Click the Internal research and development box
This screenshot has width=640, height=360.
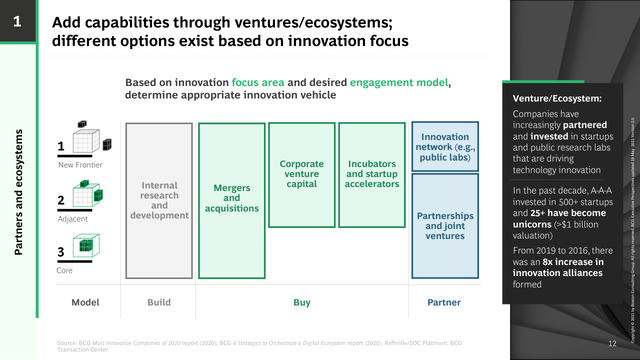159,200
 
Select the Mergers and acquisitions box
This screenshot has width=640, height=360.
231,200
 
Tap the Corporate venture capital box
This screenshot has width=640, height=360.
301,175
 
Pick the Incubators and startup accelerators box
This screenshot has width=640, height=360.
371,175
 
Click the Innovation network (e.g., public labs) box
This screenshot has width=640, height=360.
445,146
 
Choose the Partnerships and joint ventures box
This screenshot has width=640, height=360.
445,225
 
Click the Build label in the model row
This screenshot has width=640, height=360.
159,302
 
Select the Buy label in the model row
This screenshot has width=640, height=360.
301,302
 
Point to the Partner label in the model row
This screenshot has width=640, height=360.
444,302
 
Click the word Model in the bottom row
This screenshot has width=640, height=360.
85,302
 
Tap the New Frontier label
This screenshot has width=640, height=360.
80,165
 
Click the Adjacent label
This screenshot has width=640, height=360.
72,219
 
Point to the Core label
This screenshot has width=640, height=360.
64,270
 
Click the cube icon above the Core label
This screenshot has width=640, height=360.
86,245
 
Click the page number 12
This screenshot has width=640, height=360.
612,343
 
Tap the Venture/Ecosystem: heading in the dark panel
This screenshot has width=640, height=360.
557,98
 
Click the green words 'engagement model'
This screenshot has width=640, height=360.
399,82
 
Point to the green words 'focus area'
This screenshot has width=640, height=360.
258,82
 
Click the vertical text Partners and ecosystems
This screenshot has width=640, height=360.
18,192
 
